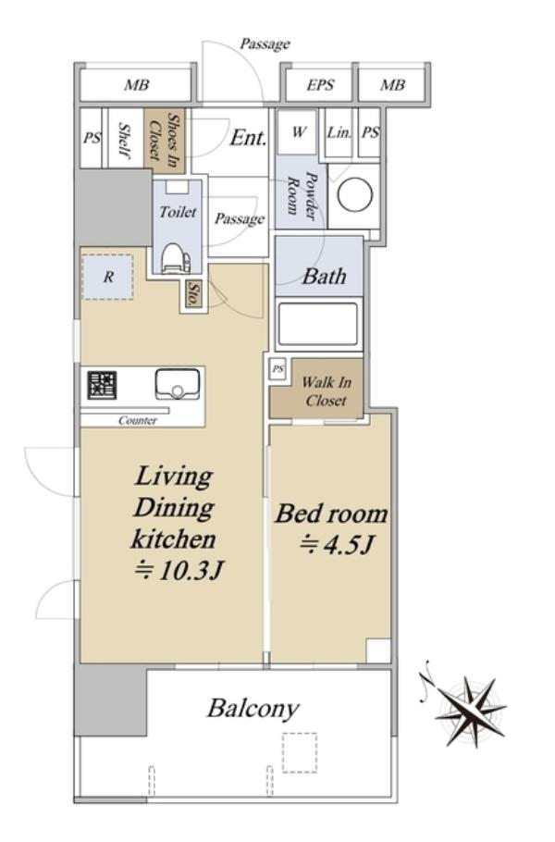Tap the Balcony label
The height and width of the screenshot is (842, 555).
[253, 709]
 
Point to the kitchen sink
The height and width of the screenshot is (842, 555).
[177, 385]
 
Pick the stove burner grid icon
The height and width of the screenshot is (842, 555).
[103, 385]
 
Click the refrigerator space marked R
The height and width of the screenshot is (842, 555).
[108, 277]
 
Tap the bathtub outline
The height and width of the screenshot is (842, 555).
[318, 323]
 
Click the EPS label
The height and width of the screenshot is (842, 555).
[320, 85]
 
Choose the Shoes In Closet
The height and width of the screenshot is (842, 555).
[165, 140]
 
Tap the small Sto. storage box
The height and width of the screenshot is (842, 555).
[193, 295]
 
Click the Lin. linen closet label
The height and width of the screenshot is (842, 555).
[339, 132]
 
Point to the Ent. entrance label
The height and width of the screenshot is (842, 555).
[248, 138]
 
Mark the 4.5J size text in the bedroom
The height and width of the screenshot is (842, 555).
[337, 546]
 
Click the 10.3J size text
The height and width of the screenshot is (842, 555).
[179, 571]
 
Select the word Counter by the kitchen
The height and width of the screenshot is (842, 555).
[138, 420]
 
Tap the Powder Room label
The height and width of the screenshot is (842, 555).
[302, 195]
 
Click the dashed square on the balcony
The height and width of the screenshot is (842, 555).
[300, 752]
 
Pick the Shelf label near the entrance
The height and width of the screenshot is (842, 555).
[124, 141]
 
